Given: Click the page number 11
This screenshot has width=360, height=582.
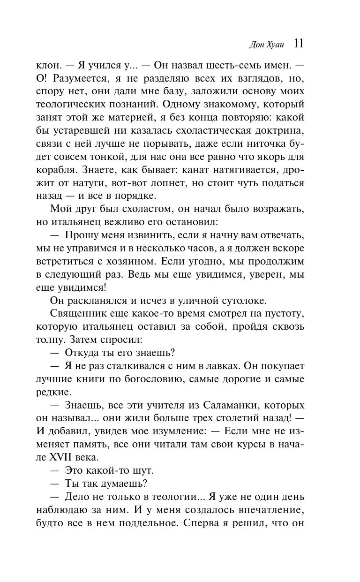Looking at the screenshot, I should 299,44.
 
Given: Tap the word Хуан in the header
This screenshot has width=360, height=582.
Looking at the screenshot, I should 277,45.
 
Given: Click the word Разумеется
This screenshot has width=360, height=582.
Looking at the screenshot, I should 85,78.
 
